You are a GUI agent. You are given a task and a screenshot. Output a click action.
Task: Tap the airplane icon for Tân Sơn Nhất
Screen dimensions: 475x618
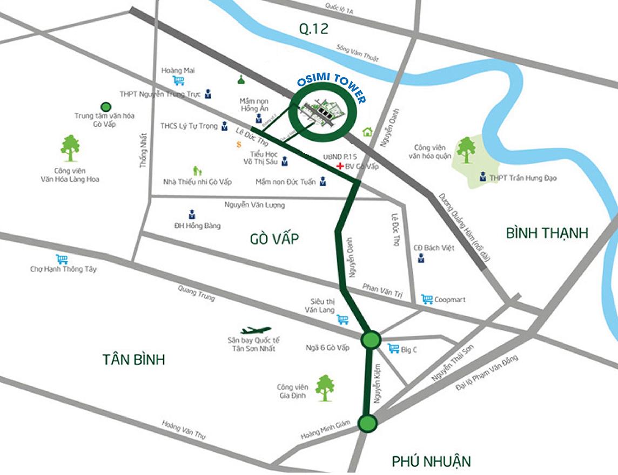[x=256, y=330]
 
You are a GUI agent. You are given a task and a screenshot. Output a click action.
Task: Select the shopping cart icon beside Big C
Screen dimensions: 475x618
[x=393, y=349]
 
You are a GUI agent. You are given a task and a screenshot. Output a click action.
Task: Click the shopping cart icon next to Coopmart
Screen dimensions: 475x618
[x=427, y=299]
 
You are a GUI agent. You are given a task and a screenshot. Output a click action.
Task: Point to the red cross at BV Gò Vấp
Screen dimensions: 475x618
[x=340, y=166]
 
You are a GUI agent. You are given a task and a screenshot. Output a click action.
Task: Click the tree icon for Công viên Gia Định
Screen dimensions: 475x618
[x=324, y=385]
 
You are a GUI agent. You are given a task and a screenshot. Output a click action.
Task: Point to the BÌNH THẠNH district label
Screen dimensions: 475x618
[x=547, y=233]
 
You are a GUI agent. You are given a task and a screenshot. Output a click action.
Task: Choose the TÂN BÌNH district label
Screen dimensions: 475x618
[x=133, y=359]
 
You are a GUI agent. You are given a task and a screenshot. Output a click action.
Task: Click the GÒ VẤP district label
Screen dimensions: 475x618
[x=274, y=239]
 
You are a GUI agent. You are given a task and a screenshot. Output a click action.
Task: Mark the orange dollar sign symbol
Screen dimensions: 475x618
[x=238, y=144]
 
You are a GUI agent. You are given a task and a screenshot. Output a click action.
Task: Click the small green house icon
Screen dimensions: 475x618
[x=368, y=131]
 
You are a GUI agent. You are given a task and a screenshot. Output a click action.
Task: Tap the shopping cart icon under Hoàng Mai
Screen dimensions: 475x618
[x=178, y=81]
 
